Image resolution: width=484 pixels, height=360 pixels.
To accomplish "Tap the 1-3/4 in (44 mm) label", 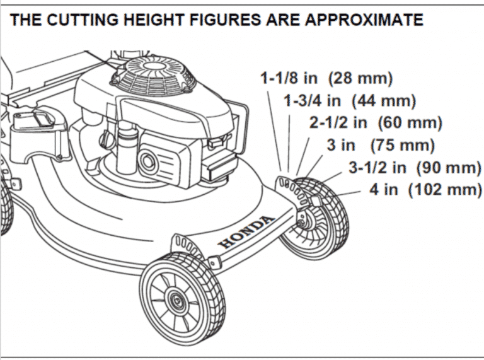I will pos(349,100).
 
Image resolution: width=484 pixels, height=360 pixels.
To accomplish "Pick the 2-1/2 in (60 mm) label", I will pos(375,122).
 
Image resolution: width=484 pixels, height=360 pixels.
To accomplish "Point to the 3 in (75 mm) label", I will pos(380,145).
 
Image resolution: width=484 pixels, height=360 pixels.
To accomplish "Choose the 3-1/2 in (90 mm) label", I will pos(414,167).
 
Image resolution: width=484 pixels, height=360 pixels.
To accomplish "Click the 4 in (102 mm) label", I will pos(425,189).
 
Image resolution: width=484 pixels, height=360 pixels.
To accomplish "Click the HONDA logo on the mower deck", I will pos(246,231).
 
